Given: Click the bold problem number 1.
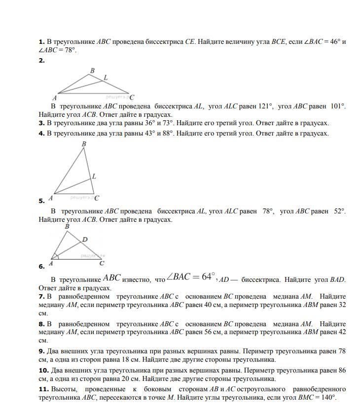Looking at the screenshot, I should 41,42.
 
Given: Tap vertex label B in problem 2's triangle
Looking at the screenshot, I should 92,70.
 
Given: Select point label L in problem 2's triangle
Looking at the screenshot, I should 106,77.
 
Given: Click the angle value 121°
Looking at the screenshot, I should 266,106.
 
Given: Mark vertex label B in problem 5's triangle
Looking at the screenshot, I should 84,144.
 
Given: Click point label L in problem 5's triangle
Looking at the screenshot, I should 94,176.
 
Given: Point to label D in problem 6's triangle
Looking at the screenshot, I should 85,239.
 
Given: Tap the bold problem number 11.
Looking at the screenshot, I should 42,389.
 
